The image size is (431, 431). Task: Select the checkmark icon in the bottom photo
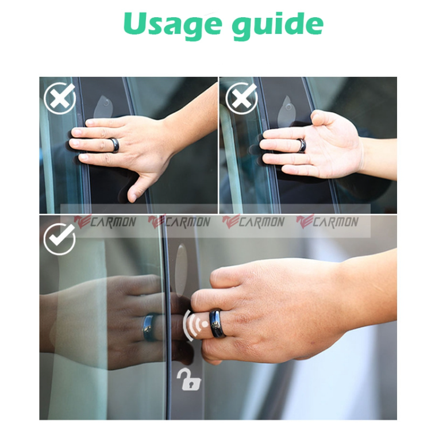coord(59,238)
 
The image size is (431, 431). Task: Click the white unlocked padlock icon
coord(187,379)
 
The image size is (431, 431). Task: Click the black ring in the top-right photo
coord(301,145)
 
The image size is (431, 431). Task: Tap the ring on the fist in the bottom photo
coord(217,324)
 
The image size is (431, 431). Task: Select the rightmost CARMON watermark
coord(327,222)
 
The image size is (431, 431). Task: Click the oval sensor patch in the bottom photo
coord(181,265)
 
